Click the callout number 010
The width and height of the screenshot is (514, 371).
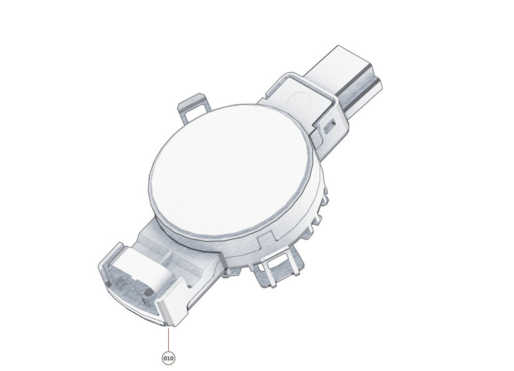(x=168, y=358)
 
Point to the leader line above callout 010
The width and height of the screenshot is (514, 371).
(x=168, y=339)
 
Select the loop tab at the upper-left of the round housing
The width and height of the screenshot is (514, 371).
(x=192, y=106)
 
